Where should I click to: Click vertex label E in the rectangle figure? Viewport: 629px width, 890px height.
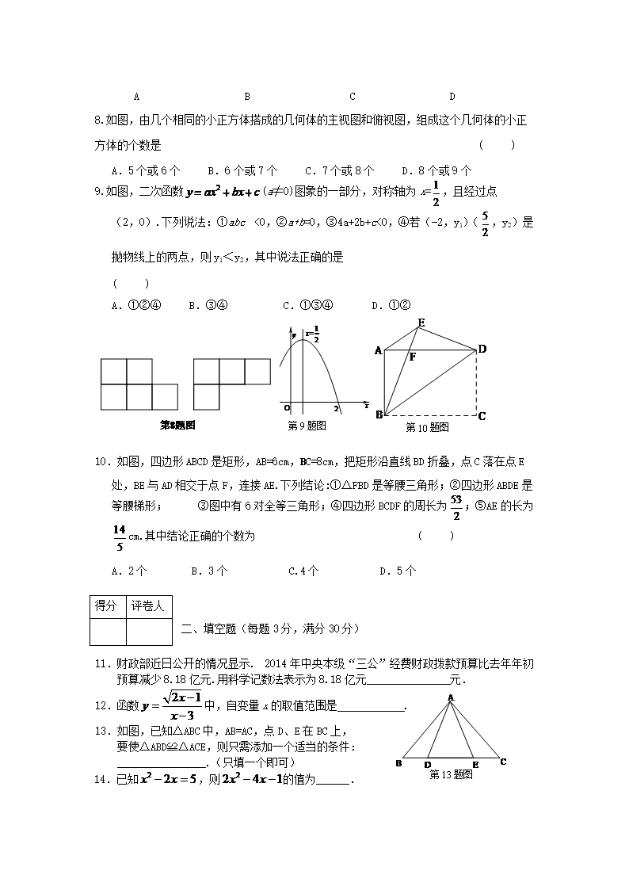click(421, 322)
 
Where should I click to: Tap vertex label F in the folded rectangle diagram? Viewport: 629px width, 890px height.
click(412, 357)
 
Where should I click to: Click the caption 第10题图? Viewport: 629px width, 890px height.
click(427, 427)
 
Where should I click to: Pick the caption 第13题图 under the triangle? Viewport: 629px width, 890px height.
click(451, 774)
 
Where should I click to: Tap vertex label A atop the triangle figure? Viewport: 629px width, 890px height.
click(450, 697)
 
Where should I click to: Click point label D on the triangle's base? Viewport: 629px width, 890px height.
click(428, 764)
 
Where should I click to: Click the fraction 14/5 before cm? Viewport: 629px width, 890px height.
click(120, 537)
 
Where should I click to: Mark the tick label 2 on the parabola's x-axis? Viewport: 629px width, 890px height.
click(336, 408)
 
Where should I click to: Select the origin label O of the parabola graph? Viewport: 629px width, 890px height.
click(286, 407)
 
